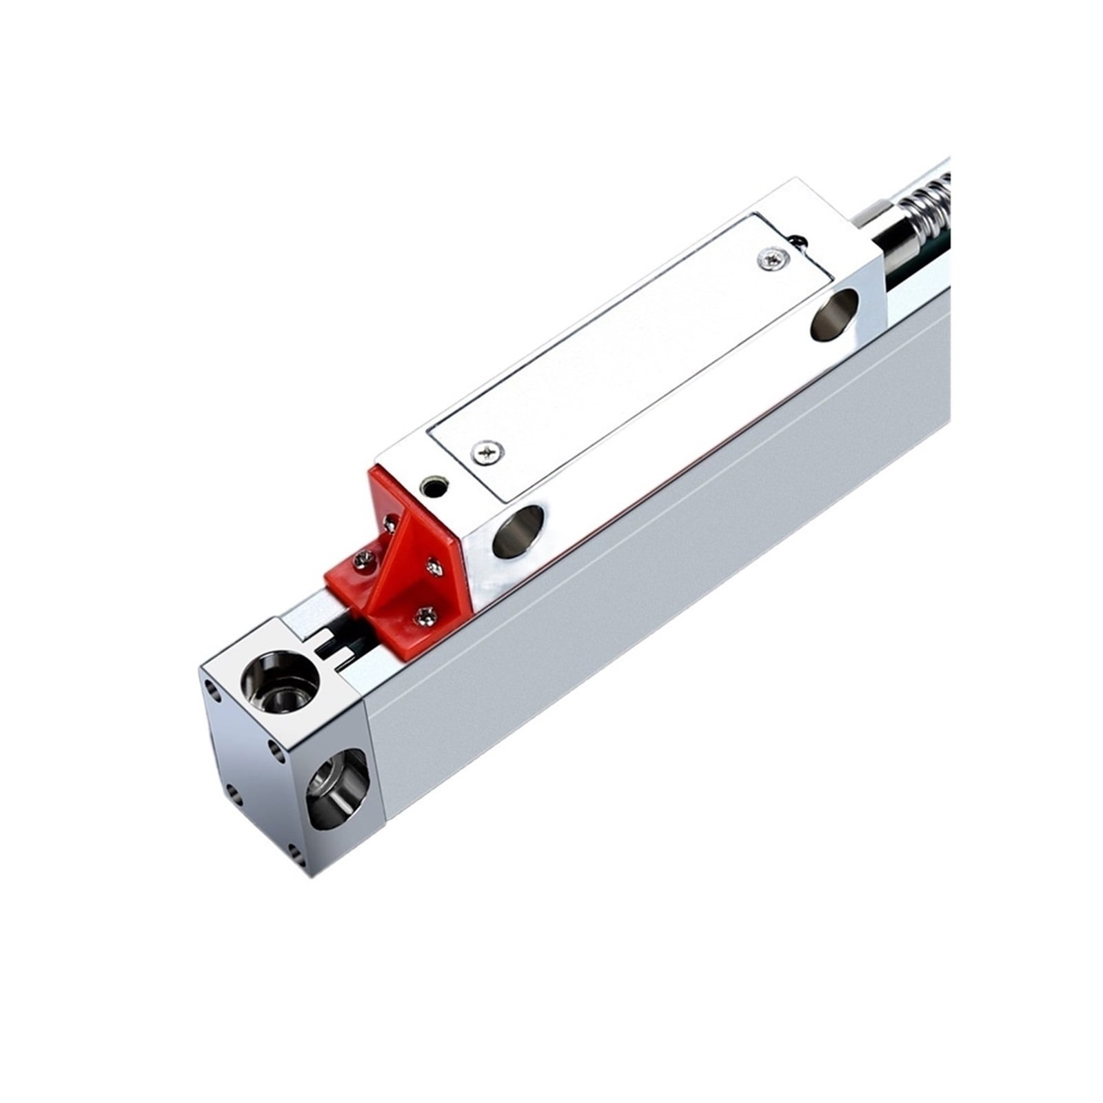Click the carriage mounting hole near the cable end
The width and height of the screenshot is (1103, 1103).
[x=835, y=314]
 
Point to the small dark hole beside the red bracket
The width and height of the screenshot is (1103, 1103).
[x=434, y=486]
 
